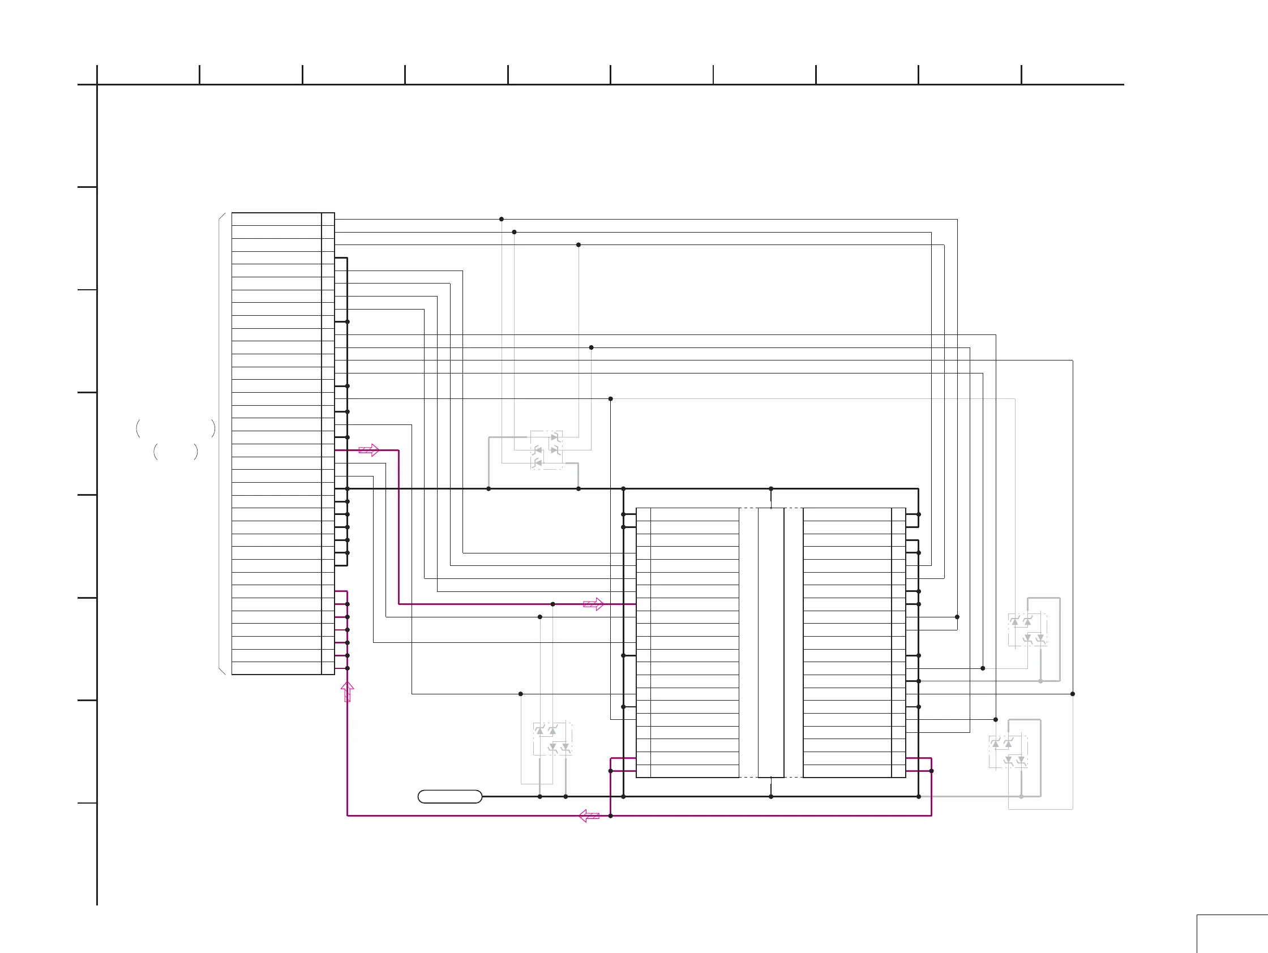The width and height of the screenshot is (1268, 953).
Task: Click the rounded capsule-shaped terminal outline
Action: click(450, 797)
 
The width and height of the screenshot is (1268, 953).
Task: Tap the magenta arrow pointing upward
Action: click(348, 691)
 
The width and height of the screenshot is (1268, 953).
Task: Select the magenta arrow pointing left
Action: click(589, 815)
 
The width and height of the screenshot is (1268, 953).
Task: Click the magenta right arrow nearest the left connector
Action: click(369, 450)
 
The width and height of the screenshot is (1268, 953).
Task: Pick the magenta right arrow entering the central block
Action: click(593, 604)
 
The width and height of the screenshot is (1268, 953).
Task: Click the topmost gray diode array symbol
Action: click(546, 450)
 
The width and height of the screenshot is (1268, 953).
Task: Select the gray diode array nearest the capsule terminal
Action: click(552, 739)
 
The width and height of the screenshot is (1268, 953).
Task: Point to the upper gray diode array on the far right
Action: click(1027, 629)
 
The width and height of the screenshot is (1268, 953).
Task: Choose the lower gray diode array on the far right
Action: click(1008, 752)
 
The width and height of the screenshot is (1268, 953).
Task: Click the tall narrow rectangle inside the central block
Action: click(770, 642)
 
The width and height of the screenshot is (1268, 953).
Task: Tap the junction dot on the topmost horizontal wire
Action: click(502, 219)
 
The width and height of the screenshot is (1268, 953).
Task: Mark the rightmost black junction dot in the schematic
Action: click(1073, 694)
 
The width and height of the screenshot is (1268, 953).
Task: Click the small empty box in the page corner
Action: click(1232, 934)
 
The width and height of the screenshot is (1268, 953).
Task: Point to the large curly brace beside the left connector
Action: click(221, 444)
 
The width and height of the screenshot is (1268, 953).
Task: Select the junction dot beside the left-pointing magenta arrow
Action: click(610, 815)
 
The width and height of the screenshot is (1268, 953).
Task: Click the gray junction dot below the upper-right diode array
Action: click(1040, 681)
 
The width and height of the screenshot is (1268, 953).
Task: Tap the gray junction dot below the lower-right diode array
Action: click(1021, 797)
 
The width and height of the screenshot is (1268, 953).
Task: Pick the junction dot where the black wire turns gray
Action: click(610, 399)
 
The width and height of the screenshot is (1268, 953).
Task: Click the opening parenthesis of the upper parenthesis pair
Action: click(138, 428)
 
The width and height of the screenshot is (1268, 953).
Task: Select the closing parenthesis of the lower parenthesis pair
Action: click(196, 452)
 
